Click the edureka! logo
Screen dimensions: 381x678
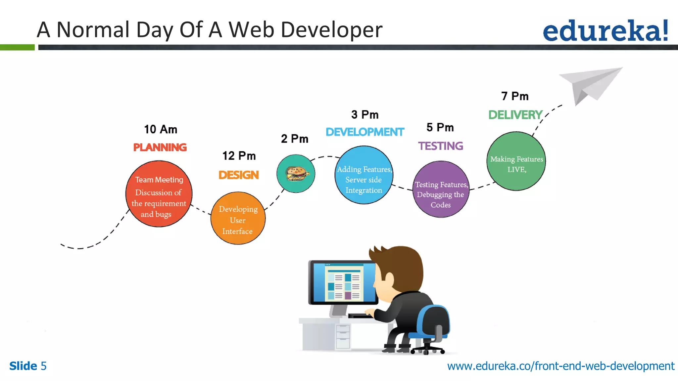605,30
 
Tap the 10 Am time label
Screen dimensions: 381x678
161,129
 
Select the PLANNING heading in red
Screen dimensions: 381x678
160,147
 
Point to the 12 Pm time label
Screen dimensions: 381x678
239,156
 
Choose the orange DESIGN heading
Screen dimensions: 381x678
239,175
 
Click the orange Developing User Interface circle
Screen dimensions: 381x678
238,219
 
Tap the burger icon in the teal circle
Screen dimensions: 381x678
297,174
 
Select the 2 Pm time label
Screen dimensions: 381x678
295,139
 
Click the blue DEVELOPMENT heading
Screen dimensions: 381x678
365,132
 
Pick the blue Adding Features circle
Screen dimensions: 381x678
364,175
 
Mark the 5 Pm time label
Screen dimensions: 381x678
440,127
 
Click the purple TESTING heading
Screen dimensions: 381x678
441,146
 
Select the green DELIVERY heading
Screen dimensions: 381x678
515,115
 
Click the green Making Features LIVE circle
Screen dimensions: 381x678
516,161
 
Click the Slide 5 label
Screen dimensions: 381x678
28,366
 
